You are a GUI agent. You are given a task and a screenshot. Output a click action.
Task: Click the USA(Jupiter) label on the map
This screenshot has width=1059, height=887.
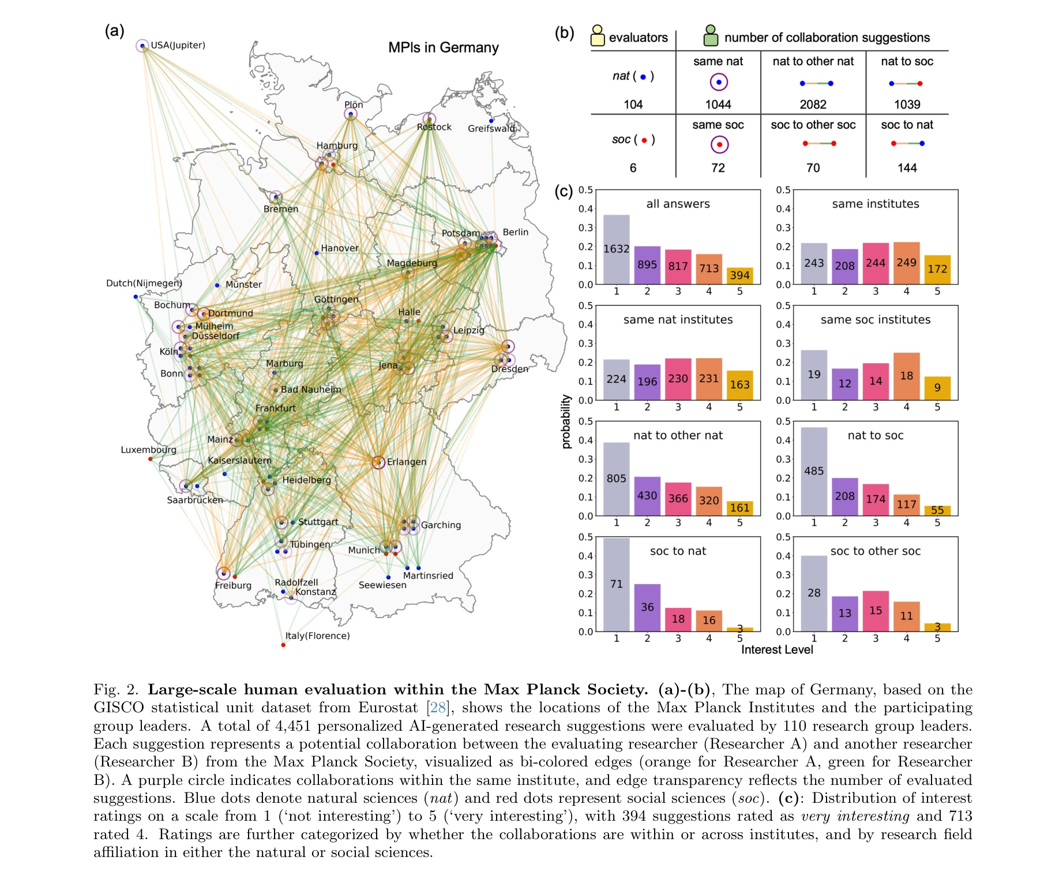click(x=178, y=46)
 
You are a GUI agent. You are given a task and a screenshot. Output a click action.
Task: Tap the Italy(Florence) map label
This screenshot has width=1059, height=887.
click(x=317, y=636)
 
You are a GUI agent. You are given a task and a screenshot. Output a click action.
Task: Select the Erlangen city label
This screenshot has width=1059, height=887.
click(x=407, y=462)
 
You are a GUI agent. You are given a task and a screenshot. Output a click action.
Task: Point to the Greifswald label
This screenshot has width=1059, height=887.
click(x=491, y=129)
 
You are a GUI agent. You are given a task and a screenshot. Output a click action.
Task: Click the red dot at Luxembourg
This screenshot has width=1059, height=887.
click(x=150, y=459)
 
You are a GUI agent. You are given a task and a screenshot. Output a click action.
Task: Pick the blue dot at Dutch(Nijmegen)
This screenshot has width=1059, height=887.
click(x=136, y=297)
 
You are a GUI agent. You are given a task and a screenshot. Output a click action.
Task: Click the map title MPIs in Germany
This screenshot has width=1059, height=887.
click(x=443, y=48)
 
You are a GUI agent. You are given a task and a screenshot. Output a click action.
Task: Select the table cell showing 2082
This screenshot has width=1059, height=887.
click(x=813, y=104)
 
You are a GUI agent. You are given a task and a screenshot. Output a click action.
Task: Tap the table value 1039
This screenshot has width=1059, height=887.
click(x=907, y=104)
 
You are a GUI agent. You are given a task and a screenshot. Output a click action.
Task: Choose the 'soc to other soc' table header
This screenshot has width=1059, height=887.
click(x=813, y=125)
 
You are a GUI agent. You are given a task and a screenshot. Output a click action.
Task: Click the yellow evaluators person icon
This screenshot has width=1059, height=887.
click(x=598, y=36)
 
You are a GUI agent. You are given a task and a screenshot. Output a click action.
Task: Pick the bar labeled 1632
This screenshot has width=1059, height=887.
click(x=617, y=250)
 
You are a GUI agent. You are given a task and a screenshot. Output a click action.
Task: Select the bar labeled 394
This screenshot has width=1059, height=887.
click(x=739, y=276)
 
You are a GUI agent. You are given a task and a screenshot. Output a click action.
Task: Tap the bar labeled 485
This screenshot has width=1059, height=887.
click(x=814, y=471)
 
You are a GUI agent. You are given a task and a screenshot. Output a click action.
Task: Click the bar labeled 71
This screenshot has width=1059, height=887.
click(x=617, y=584)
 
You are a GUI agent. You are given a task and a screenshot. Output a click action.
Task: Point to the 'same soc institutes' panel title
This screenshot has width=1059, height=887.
click(x=876, y=320)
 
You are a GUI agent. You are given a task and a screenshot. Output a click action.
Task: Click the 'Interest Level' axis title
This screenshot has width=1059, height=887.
click(x=777, y=650)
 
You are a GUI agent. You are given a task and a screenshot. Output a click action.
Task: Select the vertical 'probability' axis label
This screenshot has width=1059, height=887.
click(x=566, y=422)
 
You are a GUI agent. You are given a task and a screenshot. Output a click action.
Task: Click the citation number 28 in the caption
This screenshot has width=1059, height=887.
click(x=438, y=708)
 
